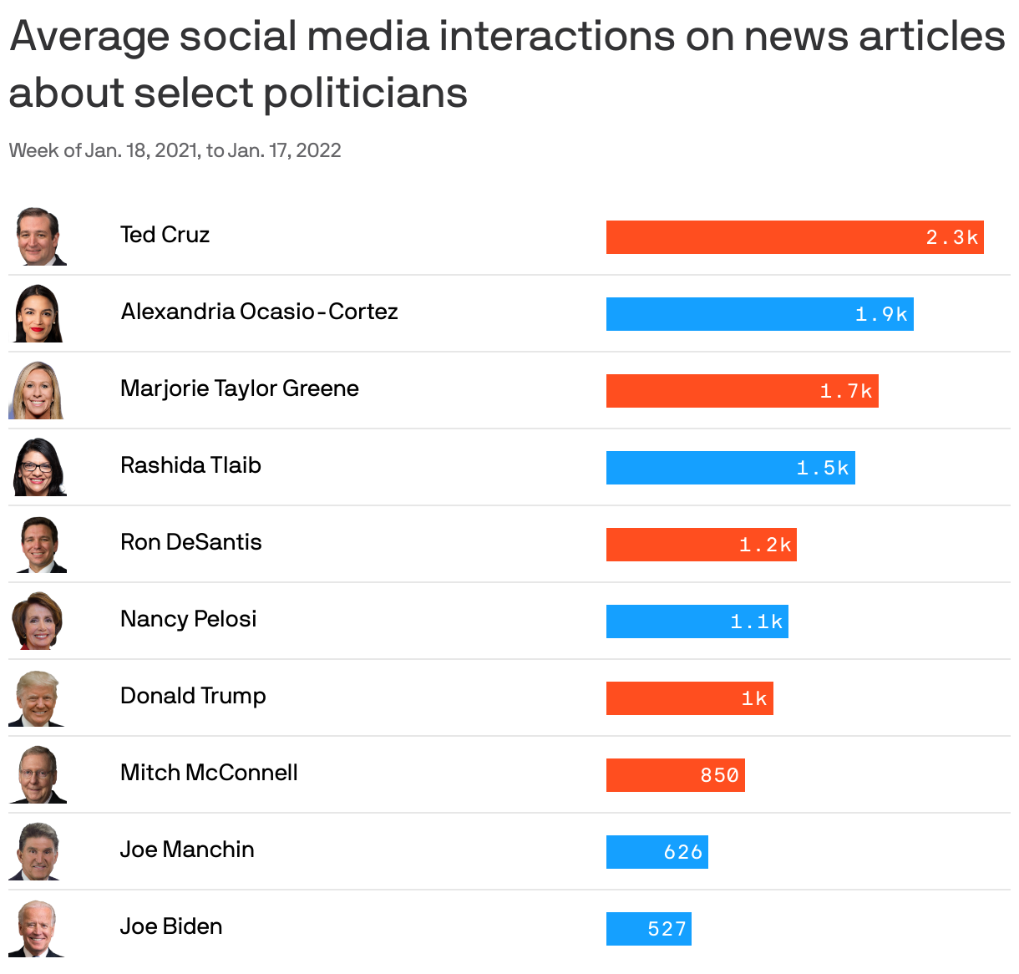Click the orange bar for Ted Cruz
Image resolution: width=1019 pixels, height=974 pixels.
click(x=793, y=237)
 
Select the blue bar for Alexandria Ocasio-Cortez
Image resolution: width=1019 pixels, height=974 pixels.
click(x=758, y=314)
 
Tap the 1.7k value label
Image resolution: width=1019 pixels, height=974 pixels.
click(x=845, y=391)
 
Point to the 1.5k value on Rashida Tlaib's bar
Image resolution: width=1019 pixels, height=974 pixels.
click(x=822, y=468)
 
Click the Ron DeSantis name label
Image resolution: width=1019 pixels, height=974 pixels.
click(x=190, y=542)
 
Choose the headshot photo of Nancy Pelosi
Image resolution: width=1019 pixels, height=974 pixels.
click(x=38, y=621)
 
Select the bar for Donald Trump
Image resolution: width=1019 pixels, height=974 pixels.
click(x=689, y=698)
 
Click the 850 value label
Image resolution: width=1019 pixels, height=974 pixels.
click(x=719, y=775)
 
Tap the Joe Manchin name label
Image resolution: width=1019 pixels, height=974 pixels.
click(x=186, y=850)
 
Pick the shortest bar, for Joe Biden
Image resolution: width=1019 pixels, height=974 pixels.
click(x=648, y=929)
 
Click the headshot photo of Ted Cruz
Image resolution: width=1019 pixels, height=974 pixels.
click(x=39, y=236)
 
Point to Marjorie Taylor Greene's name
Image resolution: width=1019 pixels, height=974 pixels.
click(x=239, y=388)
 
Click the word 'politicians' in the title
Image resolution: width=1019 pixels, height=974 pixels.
click(x=366, y=93)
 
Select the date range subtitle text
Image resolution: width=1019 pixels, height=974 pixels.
click(x=175, y=150)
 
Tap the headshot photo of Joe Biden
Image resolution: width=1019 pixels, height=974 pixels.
click(x=38, y=928)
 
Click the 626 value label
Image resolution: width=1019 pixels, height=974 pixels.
click(x=682, y=852)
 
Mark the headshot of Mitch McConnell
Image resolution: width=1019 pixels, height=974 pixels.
click(x=38, y=774)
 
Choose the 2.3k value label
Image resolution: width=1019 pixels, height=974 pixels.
click(x=951, y=237)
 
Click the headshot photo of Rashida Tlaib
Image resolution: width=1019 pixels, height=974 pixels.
click(x=38, y=467)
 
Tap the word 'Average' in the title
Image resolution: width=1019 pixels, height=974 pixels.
click(x=89, y=37)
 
